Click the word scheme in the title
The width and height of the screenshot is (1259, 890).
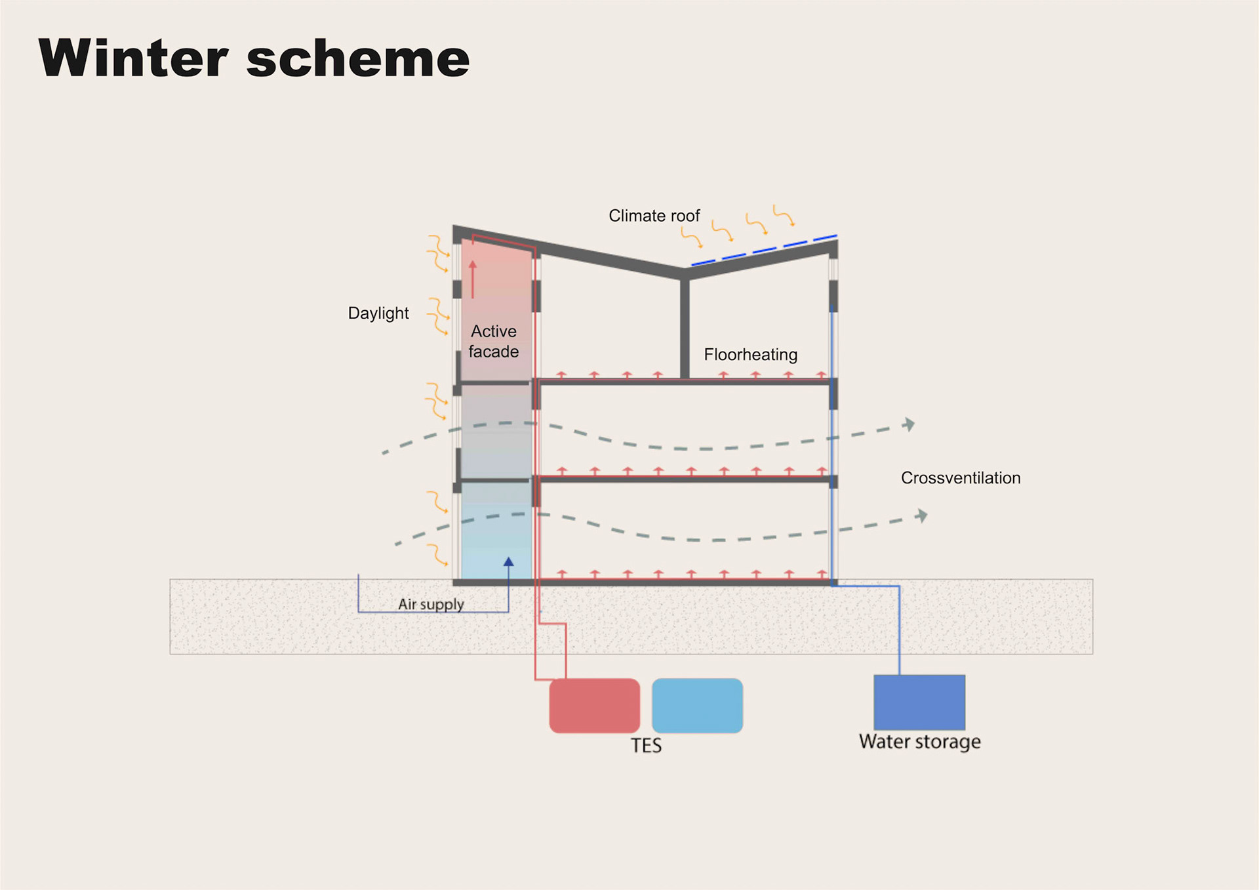[358, 58]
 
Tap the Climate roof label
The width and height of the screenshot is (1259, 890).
[654, 216]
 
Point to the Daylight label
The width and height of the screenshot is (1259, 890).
[378, 314]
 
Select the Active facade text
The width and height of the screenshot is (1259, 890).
[494, 341]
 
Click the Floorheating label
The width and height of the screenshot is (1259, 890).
[750, 355]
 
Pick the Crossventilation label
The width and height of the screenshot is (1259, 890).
[960, 478]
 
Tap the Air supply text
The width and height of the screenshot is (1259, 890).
[431, 604]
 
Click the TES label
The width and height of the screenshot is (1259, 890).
[646, 746]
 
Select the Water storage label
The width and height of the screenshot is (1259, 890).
[919, 742]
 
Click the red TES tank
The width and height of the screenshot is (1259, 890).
[594, 706]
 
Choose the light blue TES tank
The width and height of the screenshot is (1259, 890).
[697, 706]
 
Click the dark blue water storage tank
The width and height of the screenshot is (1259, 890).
[919, 702]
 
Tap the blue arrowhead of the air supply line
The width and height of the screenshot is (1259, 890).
[508, 561]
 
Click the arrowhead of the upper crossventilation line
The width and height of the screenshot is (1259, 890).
[909, 424]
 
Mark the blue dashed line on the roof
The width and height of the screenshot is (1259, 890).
[764, 250]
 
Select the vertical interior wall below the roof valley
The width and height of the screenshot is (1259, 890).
[685, 328]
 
